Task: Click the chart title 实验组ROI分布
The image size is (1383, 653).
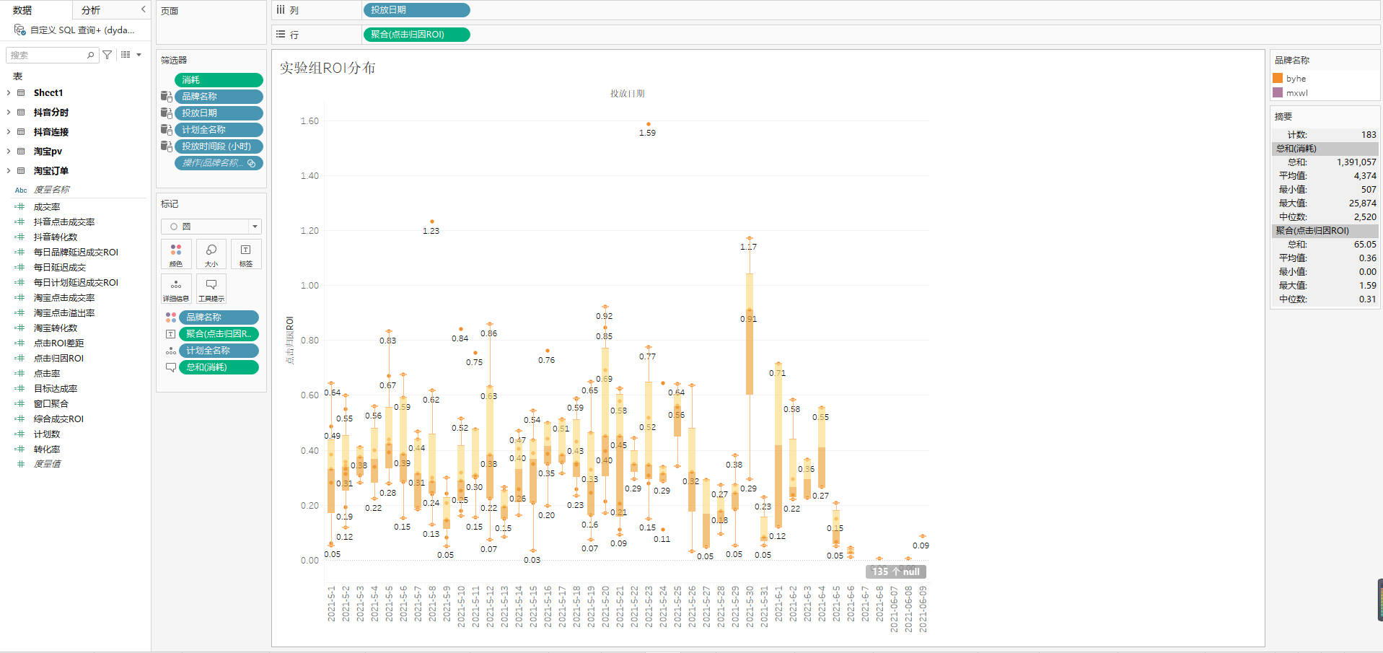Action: tap(328, 68)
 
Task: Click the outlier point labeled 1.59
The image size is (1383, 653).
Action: tap(649, 124)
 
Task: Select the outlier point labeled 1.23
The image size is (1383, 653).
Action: tap(432, 222)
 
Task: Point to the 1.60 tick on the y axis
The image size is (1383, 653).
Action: tap(309, 121)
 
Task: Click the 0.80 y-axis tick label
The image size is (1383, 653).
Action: tap(309, 341)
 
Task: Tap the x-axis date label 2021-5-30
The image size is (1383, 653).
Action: tap(750, 606)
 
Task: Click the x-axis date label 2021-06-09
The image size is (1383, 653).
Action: tap(923, 608)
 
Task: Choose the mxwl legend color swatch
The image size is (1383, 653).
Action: tap(1278, 92)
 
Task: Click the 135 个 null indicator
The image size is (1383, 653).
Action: tap(895, 571)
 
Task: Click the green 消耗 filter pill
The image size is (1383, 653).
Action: tap(219, 80)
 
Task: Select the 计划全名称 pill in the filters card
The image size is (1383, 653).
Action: tap(219, 130)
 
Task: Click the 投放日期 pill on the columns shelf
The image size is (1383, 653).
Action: tap(416, 10)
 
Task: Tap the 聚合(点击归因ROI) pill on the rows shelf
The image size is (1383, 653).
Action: tap(416, 35)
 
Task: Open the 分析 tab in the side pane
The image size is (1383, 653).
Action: tap(91, 10)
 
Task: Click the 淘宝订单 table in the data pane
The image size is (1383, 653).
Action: tap(51, 171)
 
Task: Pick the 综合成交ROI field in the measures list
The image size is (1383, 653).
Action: tap(58, 419)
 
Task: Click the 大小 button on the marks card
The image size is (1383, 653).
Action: tap(211, 254)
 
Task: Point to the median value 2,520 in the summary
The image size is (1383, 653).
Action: tap(1364, 217)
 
